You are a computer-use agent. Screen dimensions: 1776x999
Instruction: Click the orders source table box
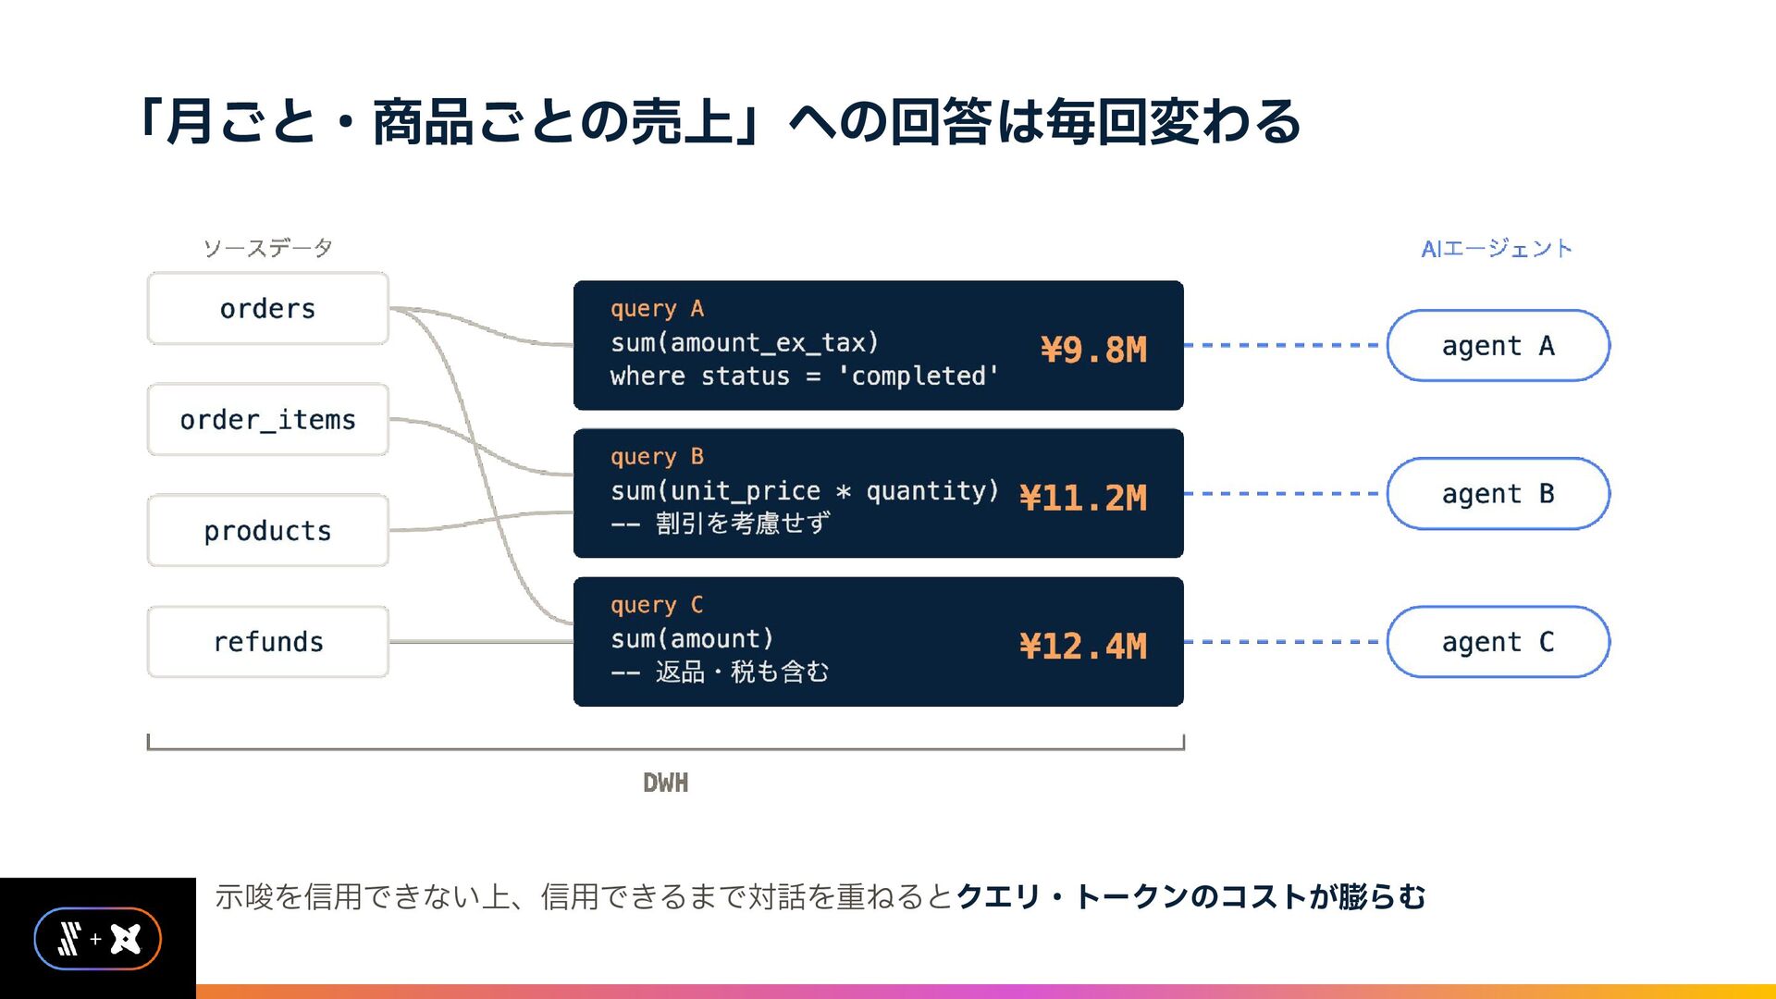(x=268, y=308)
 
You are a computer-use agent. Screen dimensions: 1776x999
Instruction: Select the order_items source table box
(x=268, y=419)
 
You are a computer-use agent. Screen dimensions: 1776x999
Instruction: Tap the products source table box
(x=268, y=530)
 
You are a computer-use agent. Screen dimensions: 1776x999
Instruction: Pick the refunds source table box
(x=268, y=641)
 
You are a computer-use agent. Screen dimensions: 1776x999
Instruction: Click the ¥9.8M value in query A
(x=1093, y=350)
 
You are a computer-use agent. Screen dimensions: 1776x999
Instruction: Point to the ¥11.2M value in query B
(x=1083, y=498)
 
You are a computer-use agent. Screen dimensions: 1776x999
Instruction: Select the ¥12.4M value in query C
(x=1083, y=646)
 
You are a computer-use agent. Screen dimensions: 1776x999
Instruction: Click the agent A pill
(x=1498, y=345)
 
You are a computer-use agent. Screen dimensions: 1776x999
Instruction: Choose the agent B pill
(x=1498, y=493)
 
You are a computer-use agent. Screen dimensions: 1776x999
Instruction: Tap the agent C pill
(x=1498, y=641)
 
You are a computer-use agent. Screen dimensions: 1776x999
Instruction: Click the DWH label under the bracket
(x=666, y=783)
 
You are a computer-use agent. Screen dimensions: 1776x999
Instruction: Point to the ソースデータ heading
(x=268, y=248)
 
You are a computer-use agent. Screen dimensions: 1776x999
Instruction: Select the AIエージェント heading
(x=1497, y=248)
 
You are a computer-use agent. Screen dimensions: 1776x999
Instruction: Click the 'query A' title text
(x=657, y=309)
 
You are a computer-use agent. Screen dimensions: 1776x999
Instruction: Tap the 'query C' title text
(x=657, y=605)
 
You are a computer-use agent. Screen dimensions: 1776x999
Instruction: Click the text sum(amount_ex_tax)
(x=745, y=343)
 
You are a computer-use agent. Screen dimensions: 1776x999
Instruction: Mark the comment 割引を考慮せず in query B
(x=743, y=524)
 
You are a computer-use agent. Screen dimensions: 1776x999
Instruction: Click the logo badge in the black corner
(x=98, y=939)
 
